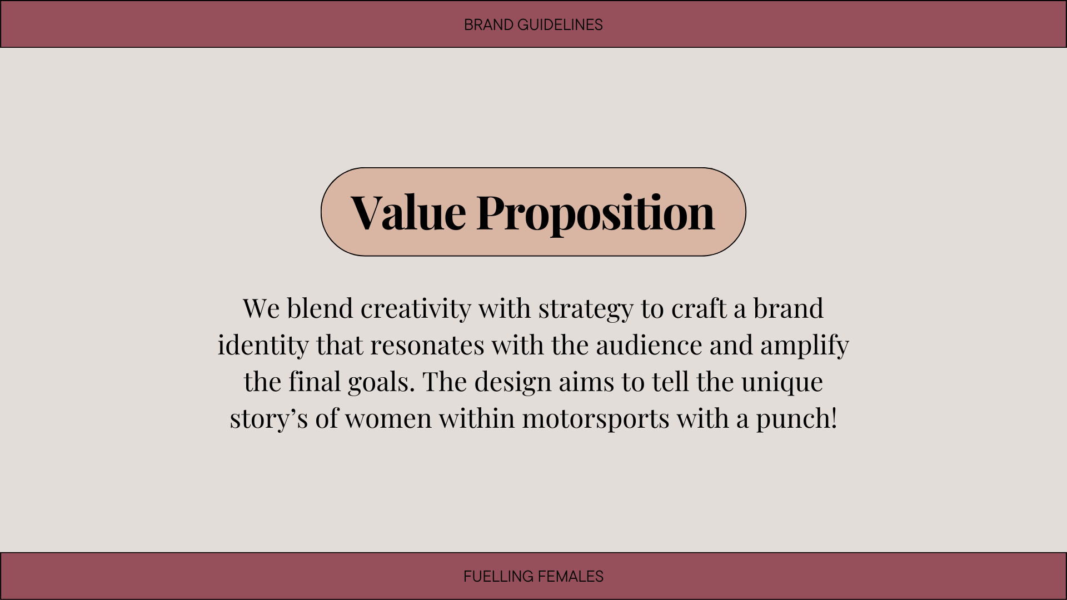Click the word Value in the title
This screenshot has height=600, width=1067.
tap(408, 212)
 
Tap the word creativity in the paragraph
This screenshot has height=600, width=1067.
tap(416, 309)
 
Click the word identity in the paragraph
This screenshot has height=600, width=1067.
tap(263, 346)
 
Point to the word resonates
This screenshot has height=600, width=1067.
tap(427, 346)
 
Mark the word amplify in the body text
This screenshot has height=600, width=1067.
tap(805, 346)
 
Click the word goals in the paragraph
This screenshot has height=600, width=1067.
tap(381, 382)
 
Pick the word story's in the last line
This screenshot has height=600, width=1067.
tap(268, 419)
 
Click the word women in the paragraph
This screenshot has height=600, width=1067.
tap(388, 419)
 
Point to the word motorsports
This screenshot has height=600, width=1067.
tap(596, 419)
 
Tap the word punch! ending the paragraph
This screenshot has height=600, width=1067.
tap(796, 419)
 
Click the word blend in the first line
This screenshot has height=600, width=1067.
tap(320, 308)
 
